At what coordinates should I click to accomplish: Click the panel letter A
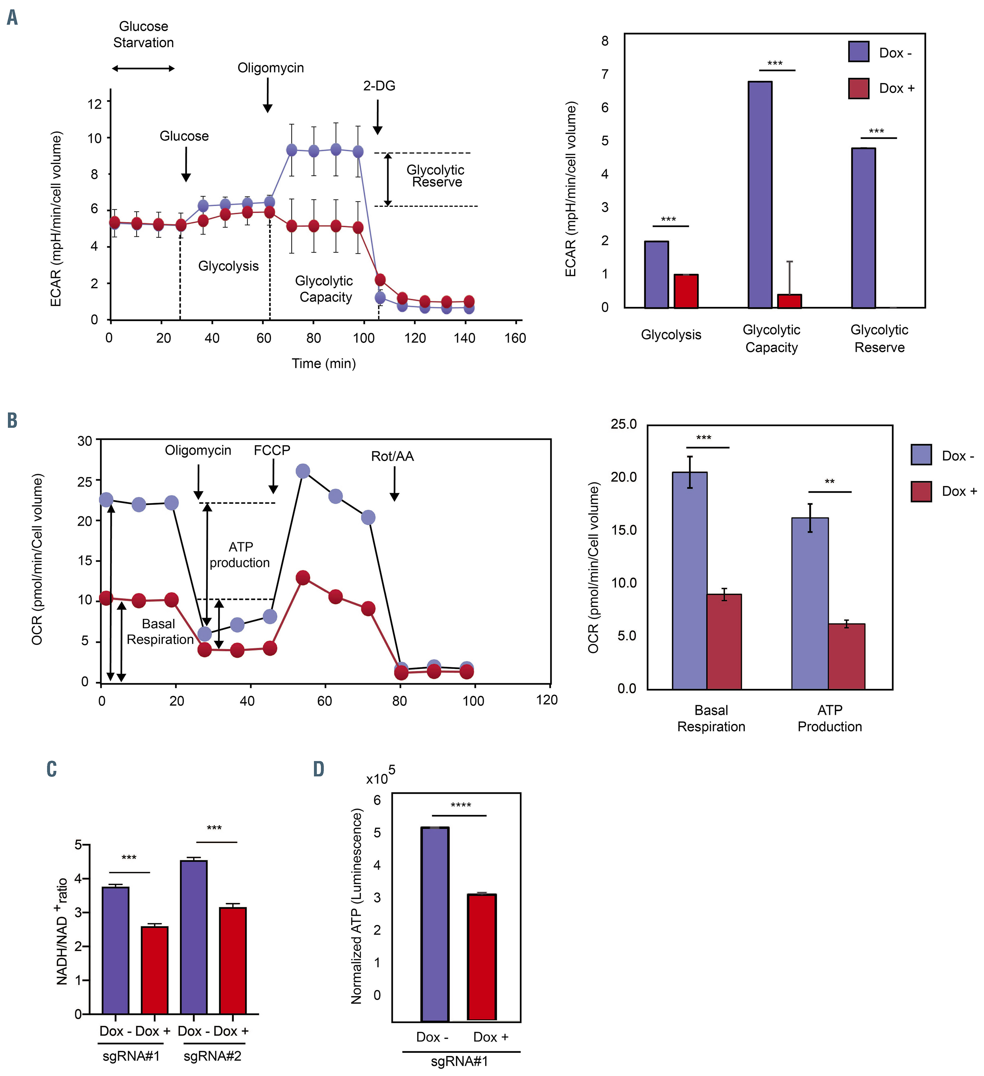tap(12, 18)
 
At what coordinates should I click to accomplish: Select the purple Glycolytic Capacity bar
tap(760, 194)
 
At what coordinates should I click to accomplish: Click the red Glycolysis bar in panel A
tap(686, 291)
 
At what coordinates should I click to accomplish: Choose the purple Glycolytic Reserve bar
tap(863, 228)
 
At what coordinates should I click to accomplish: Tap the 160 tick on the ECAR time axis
tap(515, 338)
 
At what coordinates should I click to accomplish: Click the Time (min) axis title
tap(323, 363)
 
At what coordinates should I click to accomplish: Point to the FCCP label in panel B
tap(272, 451)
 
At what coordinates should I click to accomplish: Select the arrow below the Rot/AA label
tap(394, 484)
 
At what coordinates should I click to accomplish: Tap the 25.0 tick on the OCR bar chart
tap(623, 424)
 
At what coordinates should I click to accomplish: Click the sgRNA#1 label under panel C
tap(131, 1056)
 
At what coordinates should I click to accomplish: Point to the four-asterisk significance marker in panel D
tap(460, 805)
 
